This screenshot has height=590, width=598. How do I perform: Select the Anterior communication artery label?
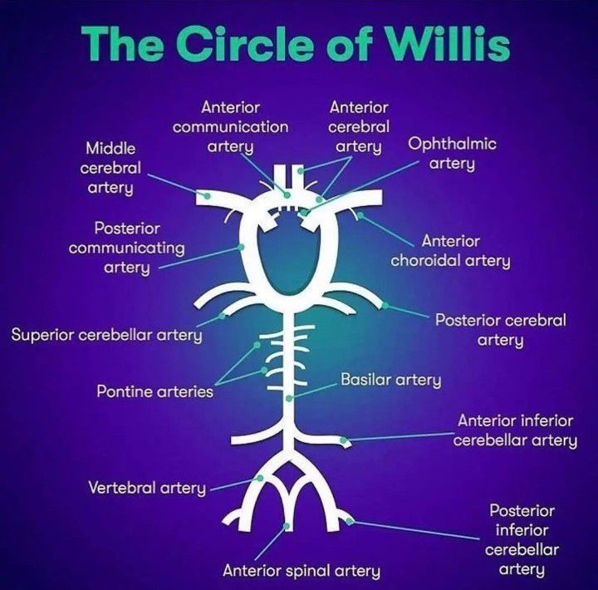[x=231, y=127]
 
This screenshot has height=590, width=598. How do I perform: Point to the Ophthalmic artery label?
[x=452, y=153]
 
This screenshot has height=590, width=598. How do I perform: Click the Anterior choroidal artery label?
[x=451, y=251]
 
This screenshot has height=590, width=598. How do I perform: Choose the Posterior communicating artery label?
[x=127, y=247]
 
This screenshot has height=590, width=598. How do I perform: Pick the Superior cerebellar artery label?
[x=107, y=336]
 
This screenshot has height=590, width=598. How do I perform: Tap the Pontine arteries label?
[x=154, y=391]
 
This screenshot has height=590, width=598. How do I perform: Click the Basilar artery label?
[x=390, y=381]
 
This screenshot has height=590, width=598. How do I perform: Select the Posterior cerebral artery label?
[x=501, y=329]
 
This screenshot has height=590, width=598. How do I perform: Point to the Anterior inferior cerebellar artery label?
[x=515, y=430]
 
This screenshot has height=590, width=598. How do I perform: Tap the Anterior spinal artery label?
[x=301, y=571]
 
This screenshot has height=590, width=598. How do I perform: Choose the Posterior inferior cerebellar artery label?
[x=522, y=539]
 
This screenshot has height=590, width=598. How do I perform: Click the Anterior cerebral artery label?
[x=359, y=127]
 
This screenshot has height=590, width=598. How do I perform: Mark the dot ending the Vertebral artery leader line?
[x=261, y=479]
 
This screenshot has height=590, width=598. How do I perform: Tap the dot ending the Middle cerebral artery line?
[x=205, y=196]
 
